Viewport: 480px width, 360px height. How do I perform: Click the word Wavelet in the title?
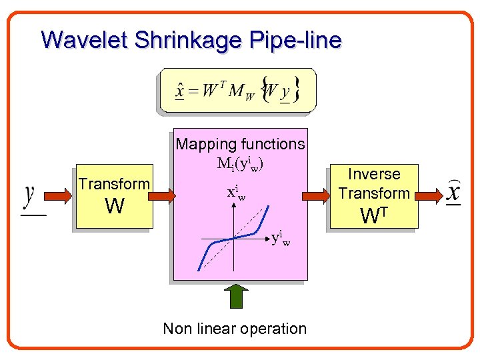[85, 40]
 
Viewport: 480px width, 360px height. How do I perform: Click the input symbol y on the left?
[31, 197]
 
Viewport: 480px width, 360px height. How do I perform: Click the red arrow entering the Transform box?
[60, 196]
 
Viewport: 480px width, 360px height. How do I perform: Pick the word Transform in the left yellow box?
[114, 184]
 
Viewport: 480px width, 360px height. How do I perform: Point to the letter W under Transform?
[114, 207]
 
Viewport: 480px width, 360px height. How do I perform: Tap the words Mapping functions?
[240, 144]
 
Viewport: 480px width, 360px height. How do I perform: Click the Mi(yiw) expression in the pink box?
[240, 163]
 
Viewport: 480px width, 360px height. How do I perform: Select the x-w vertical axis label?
[236, 193]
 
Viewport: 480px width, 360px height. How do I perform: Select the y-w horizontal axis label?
[281, 238]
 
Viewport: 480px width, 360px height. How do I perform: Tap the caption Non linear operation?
[235, 329]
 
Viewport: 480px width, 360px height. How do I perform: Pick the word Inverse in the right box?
[374, 174]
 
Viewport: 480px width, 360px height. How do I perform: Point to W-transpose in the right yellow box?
[373, 215]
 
